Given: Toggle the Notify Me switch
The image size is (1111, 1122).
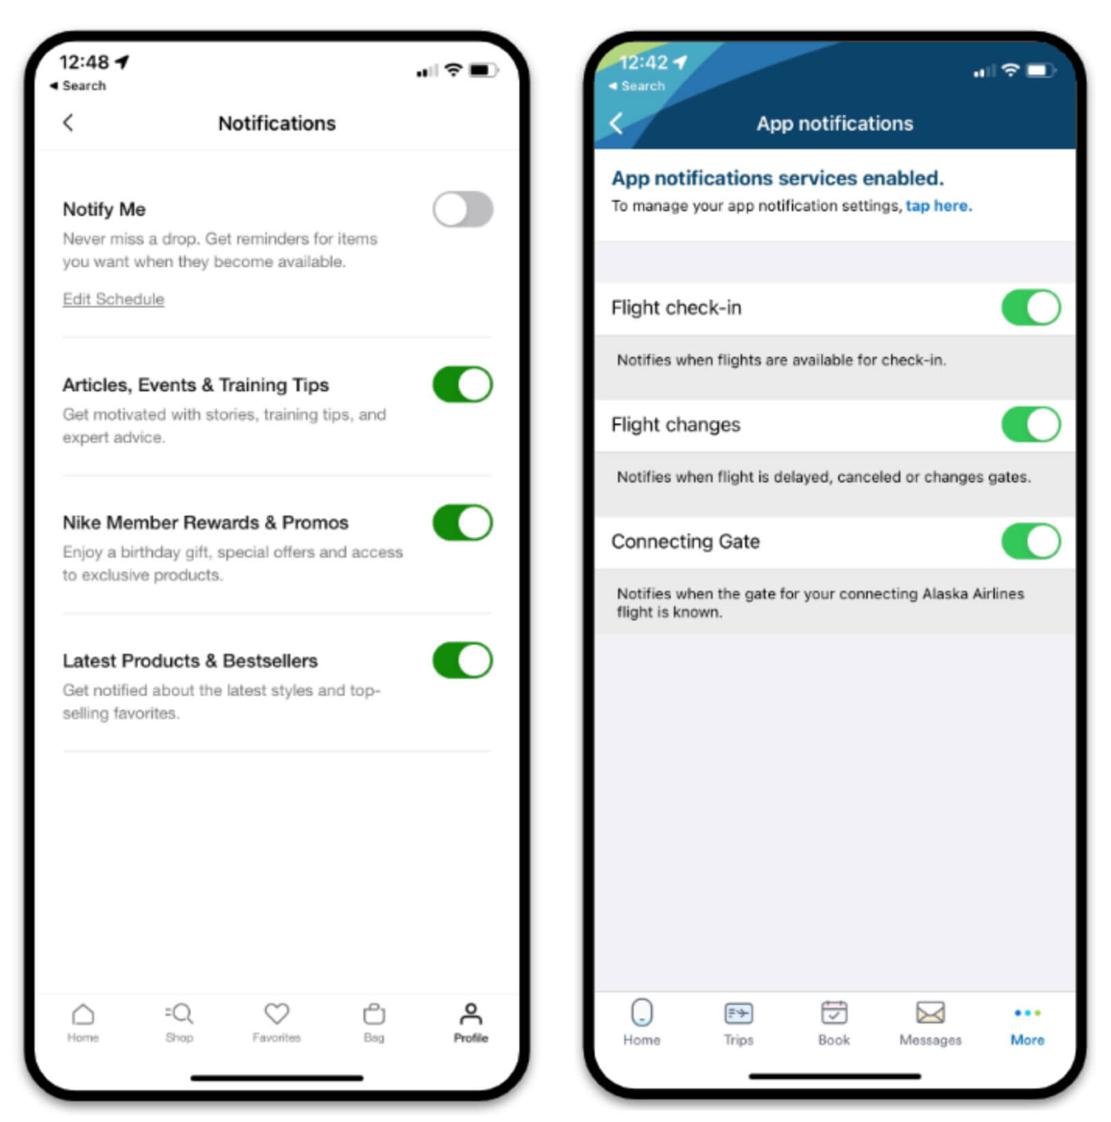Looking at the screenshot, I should pyautogui.click(x=462, y=209).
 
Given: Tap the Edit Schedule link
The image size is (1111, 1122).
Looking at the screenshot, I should pyautogui.click(x=113, y=299).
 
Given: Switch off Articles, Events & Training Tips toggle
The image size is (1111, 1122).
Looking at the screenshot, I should pyautogui.click(x=462, y=384).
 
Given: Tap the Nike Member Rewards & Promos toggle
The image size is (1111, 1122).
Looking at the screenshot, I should pyautogui.click(x=462, y=523).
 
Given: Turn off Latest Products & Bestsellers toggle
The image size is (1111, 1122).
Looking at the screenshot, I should pyautogui.click(x=462, y=661).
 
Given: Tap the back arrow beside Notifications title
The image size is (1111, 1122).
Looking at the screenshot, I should pyautogui.click(x=68, y=123).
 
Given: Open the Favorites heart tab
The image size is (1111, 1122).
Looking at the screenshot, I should pyautogui.click(x=277, y=1014).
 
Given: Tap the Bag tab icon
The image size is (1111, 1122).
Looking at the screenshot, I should pyautogui.click(x=374, y=1014).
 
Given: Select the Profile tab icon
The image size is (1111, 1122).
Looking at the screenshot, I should pyautogui.click(x=470, y=1014).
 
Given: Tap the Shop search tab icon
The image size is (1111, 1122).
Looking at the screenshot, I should pyautogui.click(x=180, y=1014).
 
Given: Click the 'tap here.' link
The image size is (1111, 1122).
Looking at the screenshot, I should pyautogui.click(x=938, y=206).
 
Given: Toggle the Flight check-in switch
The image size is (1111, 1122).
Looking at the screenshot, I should pyautogui.click(x=1030, y=308).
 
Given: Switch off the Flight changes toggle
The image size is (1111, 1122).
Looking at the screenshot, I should pyautogui.click(x=1030, y=425).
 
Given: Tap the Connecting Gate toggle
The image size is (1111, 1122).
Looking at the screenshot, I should pyautogui.click(x=1030, y=541).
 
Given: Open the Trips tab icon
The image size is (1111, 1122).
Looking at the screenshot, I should pyautogui.click(x=738, y=1013).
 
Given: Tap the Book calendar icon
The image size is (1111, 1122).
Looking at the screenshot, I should pyautogui.click(x=834, y=1013).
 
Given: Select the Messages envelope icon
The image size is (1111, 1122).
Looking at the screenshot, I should pyautogui.click(x=930, y=1013).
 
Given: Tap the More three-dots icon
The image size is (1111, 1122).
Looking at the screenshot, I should pyautogui.click(x=1027, y=1013).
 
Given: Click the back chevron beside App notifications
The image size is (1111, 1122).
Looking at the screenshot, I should pyautogui.click(x=616, y=124).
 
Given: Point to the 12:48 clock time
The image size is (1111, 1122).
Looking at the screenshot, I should pyautogui.click(x=84, y=63).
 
